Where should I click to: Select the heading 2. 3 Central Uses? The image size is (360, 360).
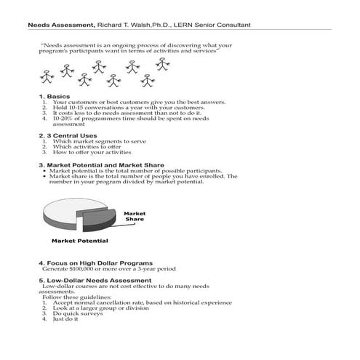68,135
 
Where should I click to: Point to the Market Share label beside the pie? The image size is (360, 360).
135,216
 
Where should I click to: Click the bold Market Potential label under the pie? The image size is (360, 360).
79,241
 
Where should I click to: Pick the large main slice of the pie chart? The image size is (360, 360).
73,215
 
